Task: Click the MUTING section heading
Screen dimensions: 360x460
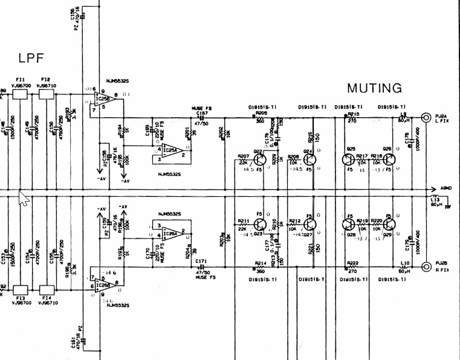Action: point(374,88)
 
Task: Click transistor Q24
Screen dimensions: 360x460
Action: point(309,159)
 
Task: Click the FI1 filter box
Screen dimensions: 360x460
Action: point(21,94)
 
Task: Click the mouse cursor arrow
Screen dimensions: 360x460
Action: point(24,198)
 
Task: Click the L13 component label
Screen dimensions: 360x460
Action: point(436,199)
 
